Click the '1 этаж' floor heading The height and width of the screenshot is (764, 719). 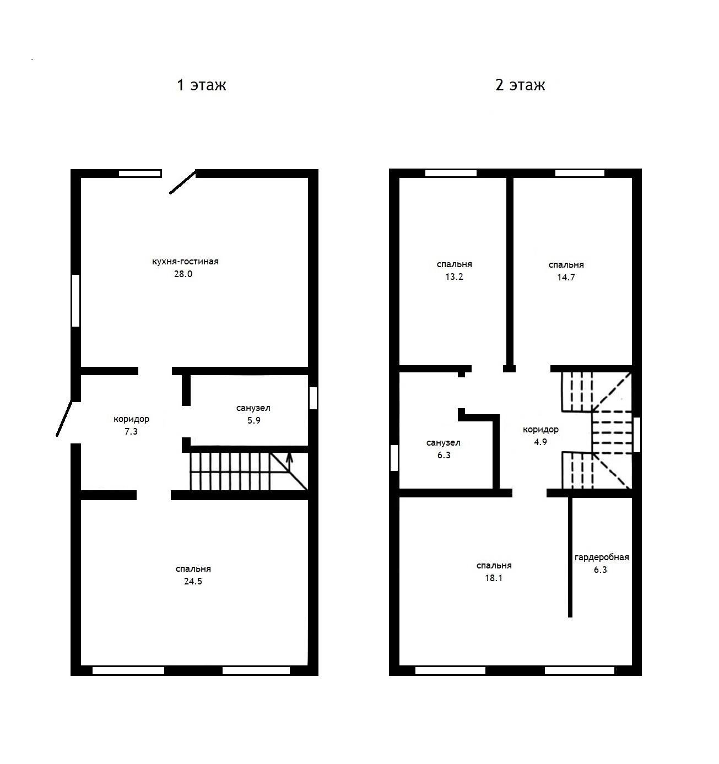coord(201,85)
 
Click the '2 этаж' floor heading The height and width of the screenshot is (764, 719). coord(520,85)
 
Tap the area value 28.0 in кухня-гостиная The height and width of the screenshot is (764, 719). coord(183,274)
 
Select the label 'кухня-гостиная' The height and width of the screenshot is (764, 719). coord(185,262)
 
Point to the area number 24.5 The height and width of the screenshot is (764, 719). coord(193,581)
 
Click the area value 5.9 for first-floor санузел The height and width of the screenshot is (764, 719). coord(253,420)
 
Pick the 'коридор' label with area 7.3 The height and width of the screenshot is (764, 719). coord(131,419)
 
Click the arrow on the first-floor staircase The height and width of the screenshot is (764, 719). coord(289,462)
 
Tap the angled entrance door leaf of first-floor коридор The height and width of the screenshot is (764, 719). coord(64,419)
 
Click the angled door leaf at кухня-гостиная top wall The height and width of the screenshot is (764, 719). coord(183,182)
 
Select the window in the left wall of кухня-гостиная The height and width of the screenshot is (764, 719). coord(76,300)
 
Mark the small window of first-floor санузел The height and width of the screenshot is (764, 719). coord(313,398)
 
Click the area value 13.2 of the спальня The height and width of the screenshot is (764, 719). coord(454,277)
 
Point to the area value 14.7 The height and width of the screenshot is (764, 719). coord(566,277)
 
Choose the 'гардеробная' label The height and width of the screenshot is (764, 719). coord(602,557)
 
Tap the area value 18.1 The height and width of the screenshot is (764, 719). coord(494,578)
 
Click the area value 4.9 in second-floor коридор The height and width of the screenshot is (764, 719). coord(540,442)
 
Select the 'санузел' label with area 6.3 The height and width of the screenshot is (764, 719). coord(444,443)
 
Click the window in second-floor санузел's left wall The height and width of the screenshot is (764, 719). coord(394,458)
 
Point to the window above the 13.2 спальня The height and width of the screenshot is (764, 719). coord(451,173)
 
